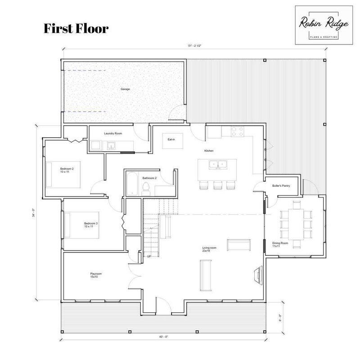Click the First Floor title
pos(76,29)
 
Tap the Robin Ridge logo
pos(324,25)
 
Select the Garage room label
pos(125,89)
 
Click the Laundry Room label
pos(113,133)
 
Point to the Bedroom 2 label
pos(67,170)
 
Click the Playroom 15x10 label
pos(96,275)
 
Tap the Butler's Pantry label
pos(281,186)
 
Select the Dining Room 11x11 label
pos(280,244)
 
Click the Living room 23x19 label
pos(209,249)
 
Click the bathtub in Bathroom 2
pos(132,184)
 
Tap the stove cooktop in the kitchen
pos(238,131)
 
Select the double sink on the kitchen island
pos(218,165)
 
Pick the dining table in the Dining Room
pos(296,224)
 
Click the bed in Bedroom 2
pos(63,175)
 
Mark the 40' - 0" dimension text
pos(163,337)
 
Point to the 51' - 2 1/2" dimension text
pos(195,46)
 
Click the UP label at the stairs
pos(149,256)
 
